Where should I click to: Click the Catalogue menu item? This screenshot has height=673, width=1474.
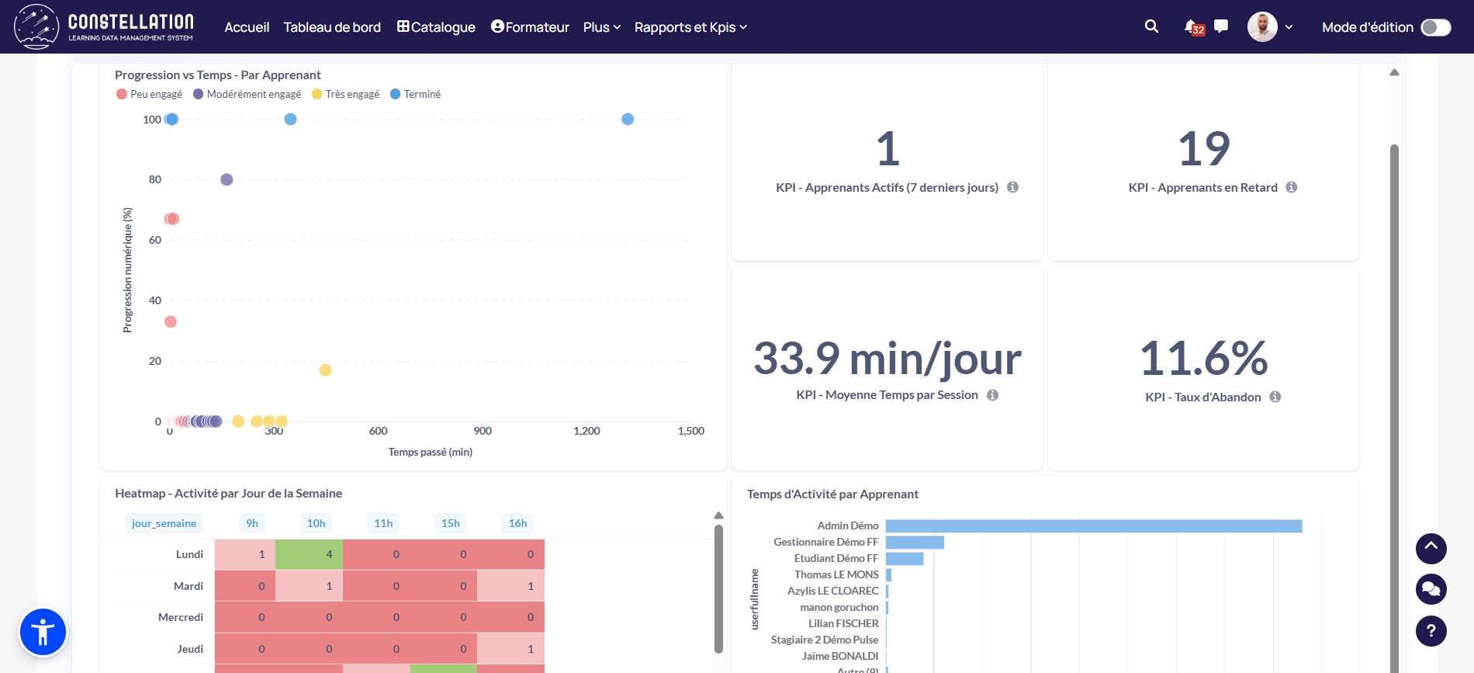pos(436,27)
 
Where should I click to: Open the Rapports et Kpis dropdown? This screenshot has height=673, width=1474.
pos(690,27)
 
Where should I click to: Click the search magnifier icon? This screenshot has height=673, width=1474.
pos(1151,26)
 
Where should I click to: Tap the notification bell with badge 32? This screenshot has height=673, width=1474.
pos(1192,26)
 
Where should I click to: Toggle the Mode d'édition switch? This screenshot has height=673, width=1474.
pos(1435,27)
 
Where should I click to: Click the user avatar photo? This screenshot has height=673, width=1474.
pos(1262,27)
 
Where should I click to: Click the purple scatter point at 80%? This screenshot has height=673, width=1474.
pos(227,179)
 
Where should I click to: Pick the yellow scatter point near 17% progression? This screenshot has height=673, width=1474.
pos(326,369)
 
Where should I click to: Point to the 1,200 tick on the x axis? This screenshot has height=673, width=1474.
pos(586,431)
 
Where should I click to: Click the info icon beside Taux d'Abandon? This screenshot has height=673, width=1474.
pos(1275,397)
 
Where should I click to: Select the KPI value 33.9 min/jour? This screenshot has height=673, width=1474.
pos(887,359)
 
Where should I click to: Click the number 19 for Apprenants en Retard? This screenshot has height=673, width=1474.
pos(1203,148)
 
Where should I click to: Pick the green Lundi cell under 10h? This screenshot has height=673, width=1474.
pos(309,554)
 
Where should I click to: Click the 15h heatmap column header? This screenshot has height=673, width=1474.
pos(451,523)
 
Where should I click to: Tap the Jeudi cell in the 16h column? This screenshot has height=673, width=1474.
pos(510,649)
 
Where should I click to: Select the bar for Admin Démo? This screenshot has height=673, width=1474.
pos(1093,526)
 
